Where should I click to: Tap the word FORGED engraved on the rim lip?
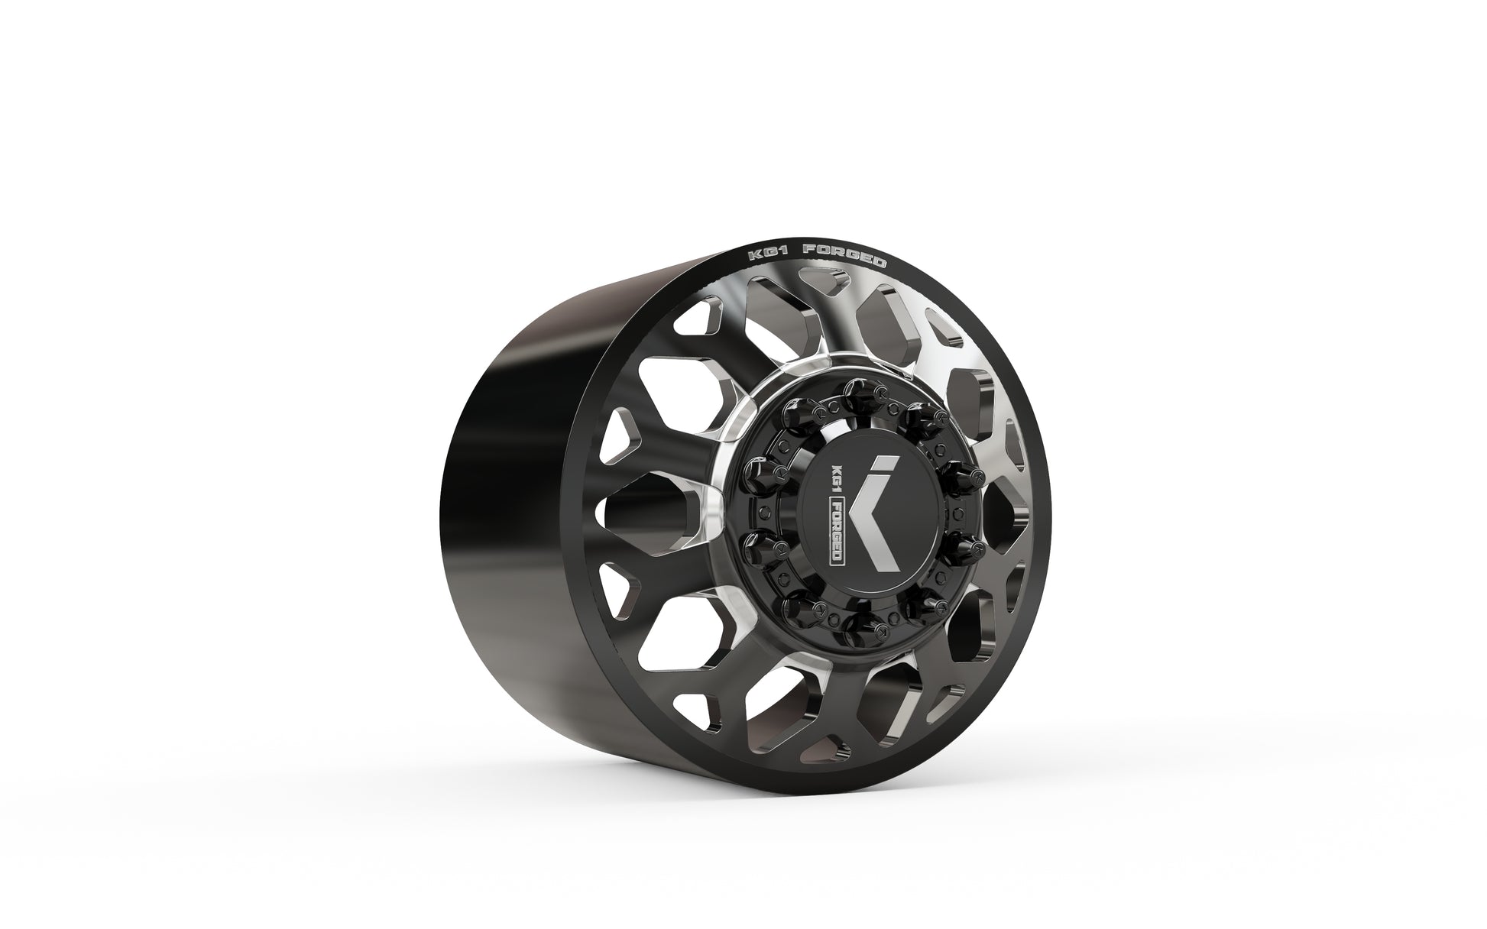[847, 255]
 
